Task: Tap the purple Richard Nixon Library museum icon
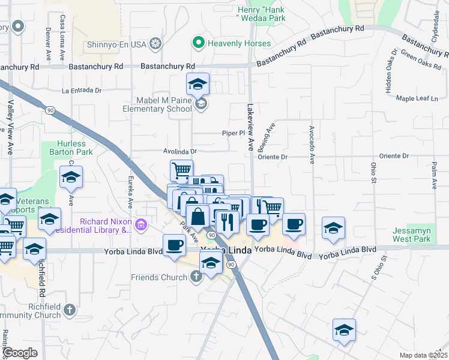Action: pos(141,225)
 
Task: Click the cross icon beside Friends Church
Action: pos(195,277)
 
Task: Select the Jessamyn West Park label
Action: pos(412,235)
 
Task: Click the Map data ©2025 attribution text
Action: pos(423,355)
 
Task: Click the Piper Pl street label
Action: pos(231,133)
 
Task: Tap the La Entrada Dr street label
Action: pos(82,91)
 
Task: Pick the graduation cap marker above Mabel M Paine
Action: pos(197,84)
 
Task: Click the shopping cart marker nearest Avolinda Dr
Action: pos(181,170)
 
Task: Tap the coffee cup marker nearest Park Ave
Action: pos(174,245)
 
